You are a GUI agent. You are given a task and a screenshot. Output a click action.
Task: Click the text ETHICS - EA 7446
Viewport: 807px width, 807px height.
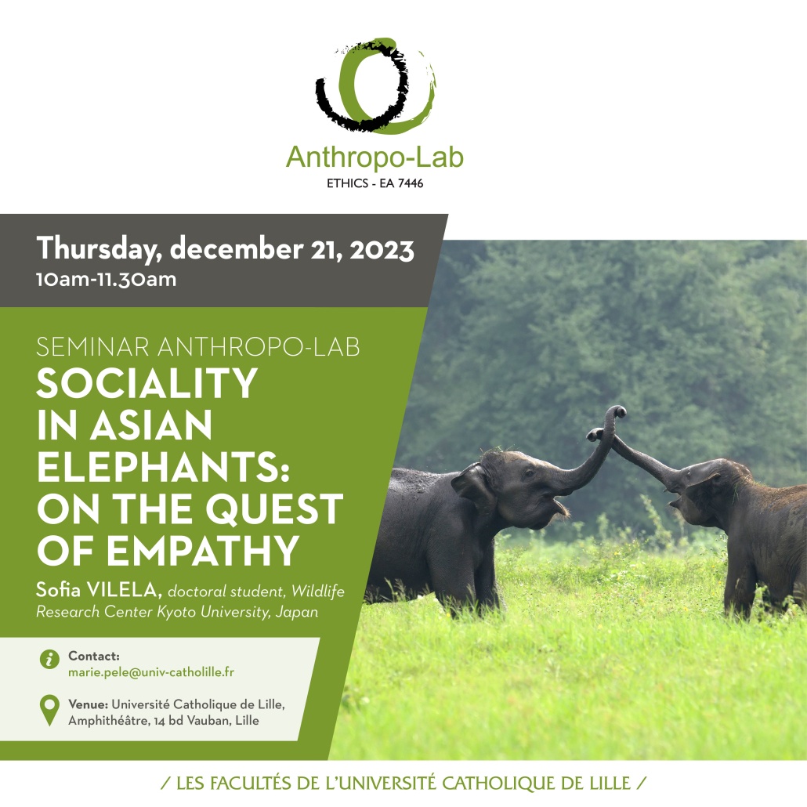click(375, 183)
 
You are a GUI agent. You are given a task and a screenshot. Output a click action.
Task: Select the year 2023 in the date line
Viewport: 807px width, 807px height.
click(382, 250)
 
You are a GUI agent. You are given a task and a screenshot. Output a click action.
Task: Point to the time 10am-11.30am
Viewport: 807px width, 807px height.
click(106, 280)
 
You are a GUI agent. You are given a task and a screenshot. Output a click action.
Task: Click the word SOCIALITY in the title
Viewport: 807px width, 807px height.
click(147, 383)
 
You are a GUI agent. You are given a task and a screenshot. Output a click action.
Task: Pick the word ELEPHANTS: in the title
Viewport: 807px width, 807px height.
click(163, 466)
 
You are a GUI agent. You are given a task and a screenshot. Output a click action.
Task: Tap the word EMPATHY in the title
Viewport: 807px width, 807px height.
click(203, 550)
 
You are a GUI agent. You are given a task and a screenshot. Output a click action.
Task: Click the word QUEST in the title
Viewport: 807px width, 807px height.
click(273, 509)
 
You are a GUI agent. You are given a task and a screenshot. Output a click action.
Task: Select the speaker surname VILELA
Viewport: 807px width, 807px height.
click(124, 590)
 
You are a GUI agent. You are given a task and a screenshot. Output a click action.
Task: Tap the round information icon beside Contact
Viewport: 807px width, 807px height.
click(49, 659)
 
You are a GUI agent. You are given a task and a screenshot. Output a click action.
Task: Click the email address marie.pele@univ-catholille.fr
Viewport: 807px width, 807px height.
click(150, 672)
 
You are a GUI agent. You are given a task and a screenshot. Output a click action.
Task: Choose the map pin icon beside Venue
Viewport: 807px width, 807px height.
click(49, 711)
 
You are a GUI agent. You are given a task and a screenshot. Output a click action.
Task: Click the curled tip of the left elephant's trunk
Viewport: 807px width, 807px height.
click(617, 412)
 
